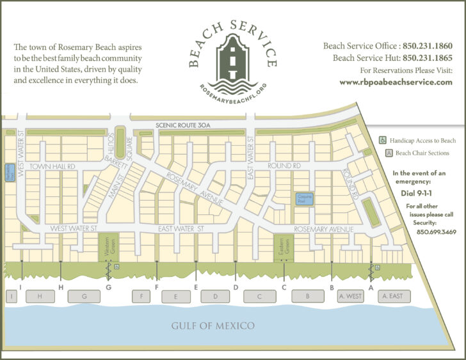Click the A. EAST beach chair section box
(391, 296)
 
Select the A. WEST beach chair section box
(351, 296)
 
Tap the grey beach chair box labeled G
(85, 296)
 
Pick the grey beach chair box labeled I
(11, 296)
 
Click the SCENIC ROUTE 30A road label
(182, 125)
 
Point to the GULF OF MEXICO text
(213, 326)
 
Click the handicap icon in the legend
(383, 139)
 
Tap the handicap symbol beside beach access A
(378, 266)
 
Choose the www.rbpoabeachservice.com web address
(396, 82)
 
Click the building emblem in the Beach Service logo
(233, 57)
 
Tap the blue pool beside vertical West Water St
(10, 172)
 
